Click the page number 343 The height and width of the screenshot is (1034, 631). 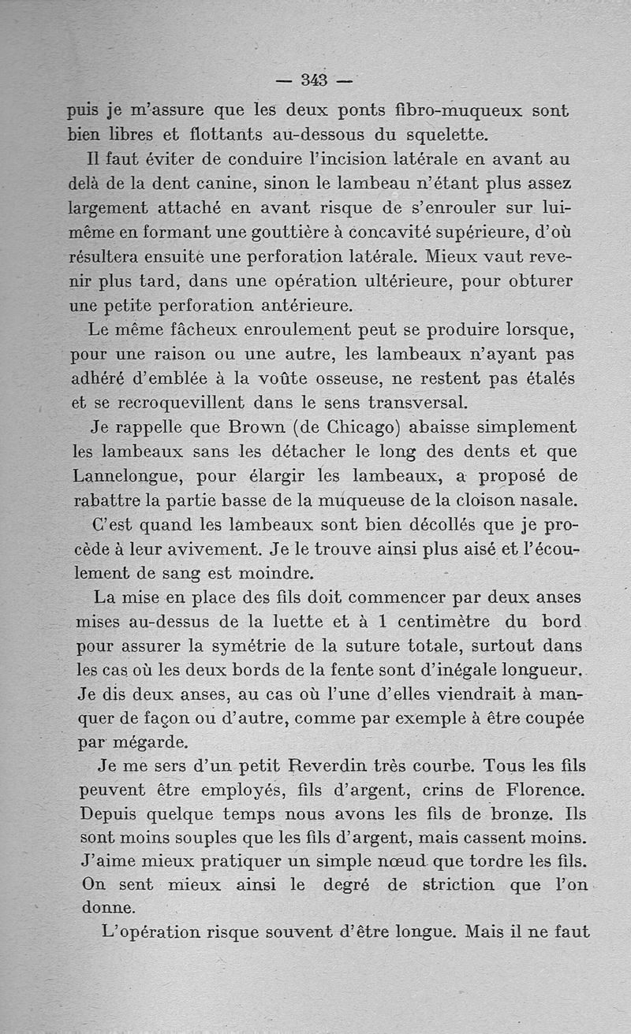[314, 80]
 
